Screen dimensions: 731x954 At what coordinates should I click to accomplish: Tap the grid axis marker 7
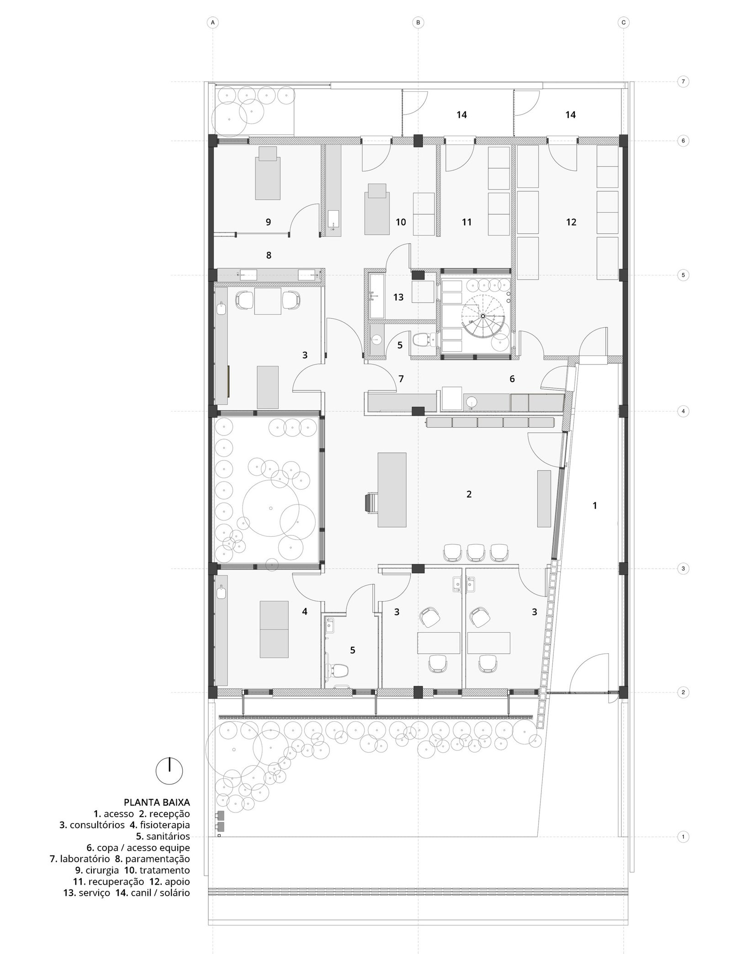(x=683, y=82)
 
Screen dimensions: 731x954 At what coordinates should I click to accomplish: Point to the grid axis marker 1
(x=683, y=837)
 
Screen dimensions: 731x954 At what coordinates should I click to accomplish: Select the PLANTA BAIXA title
(x=157, y=802)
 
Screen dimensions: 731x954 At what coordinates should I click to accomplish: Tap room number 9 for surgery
(x=269, y=222)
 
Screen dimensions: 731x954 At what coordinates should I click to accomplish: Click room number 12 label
(x=571, y=222)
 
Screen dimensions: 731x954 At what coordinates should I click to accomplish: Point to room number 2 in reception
(x=469, y=494)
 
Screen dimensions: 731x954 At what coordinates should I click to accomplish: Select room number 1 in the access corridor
(x=594, y=506)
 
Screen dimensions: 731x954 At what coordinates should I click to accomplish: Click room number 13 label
(x=398, y=297)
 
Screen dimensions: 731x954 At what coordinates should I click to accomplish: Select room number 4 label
(x=305, y=612)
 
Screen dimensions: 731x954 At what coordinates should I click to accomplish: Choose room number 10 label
(x=401, y=222)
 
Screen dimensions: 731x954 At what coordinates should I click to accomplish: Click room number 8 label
(x=269, y=255)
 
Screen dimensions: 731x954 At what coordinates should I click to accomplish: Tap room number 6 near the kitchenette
(x=512, y=378)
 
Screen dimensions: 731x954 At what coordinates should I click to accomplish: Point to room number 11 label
(x=466, y=222)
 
